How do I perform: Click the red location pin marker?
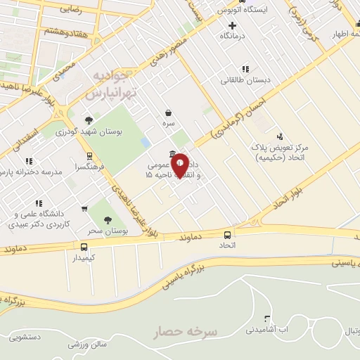click(x=180, y=165)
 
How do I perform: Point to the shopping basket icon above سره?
click(x=168, y=112)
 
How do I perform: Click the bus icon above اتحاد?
click(x=227, y=235)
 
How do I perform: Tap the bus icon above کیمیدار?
click(x=84, y=247)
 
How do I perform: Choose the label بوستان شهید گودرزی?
click(x=85, y=131)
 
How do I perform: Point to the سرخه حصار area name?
click(x=187, y=330)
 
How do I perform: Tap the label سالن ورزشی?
click(x=87, y=345)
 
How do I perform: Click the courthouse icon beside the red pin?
click(x=173, y=155)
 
